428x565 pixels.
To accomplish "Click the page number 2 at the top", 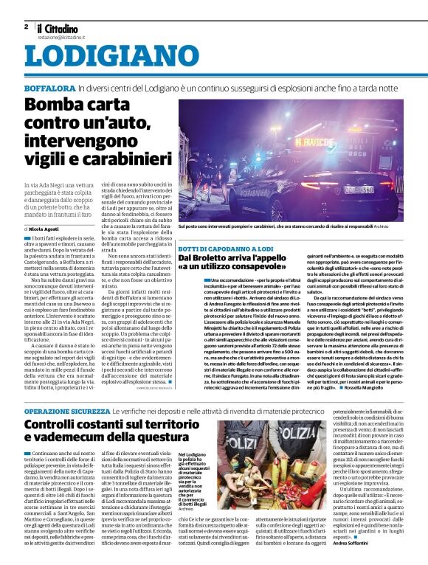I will point(27,26).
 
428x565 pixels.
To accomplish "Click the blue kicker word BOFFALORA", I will point(49,89).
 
